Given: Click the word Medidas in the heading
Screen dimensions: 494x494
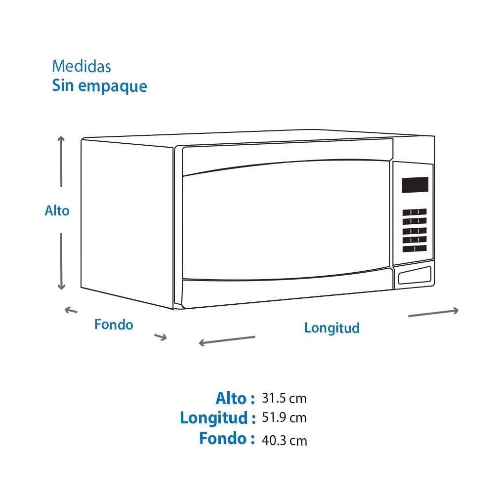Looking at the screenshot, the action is pos(82,66).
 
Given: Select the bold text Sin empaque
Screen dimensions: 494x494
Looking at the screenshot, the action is pos(100,85).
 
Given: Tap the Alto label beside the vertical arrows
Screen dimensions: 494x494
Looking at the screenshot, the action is pos(57,211).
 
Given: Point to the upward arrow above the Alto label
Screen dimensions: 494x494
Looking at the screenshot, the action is pos(61,161).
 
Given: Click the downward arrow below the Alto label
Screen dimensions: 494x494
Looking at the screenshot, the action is pos(61,261).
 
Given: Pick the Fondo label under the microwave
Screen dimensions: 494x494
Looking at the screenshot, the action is pos(114,325).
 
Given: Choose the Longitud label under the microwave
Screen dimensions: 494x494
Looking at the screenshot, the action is pos(332,328).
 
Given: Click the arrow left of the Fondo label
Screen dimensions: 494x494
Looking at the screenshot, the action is pos(71,310).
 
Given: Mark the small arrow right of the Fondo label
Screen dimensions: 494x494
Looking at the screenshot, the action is pos(161,337).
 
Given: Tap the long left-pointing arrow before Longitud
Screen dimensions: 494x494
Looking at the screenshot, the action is pos(227,340).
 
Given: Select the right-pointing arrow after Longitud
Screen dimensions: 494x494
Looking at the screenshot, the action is pos(433,312).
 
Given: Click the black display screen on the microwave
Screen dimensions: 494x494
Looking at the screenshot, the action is pos(415,185).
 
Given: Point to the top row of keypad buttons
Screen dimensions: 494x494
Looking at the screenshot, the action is pos(414,212).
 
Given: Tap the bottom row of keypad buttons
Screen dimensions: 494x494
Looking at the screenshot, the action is pos(414,249).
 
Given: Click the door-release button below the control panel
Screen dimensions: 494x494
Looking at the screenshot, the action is pos(414,276).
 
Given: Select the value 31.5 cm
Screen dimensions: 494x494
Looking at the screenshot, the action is pos(284,399).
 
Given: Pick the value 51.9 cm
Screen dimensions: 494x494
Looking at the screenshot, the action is pos(284,418).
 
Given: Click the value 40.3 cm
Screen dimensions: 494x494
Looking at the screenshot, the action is pos(284,441).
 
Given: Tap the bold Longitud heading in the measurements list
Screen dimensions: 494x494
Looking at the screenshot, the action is pos(218,418).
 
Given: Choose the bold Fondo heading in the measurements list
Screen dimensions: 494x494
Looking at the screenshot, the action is pos(227,439).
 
